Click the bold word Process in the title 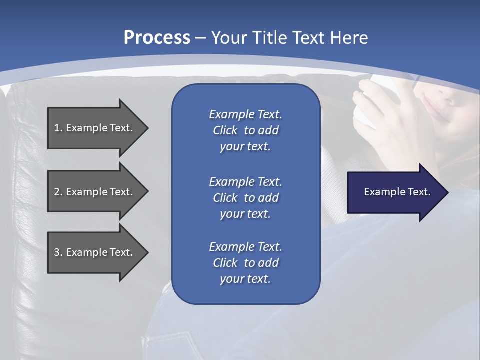[157, 38]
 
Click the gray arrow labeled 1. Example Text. [95, 128]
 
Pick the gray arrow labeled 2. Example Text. [95, 192]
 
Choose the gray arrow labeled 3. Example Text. [95, 252]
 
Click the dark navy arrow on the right [395, 192]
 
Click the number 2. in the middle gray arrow [58, 192]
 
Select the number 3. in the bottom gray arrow [58, 252]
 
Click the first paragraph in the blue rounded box [245, 130]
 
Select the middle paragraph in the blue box [245, 198]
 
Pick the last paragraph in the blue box [245, 263]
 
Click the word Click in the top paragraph [225, 130]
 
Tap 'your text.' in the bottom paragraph [245, 279]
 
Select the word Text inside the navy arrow [419, 192]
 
